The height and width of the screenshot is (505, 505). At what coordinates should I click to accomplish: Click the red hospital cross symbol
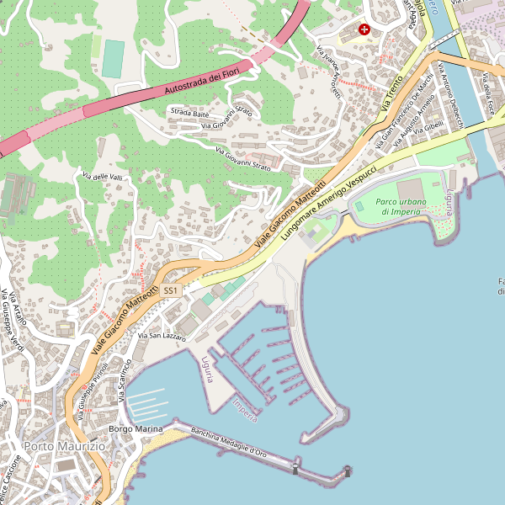click(364, 29)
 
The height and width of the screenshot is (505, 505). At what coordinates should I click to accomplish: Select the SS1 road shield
click(171, 290)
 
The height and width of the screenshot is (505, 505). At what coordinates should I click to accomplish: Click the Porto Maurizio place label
click(64, 445)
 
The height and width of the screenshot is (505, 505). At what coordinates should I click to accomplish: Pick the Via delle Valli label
click(102, 176)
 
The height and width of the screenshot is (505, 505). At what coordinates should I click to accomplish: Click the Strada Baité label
click(189, 112)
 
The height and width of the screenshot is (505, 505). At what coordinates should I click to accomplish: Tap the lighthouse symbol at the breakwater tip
click(346, 472)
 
